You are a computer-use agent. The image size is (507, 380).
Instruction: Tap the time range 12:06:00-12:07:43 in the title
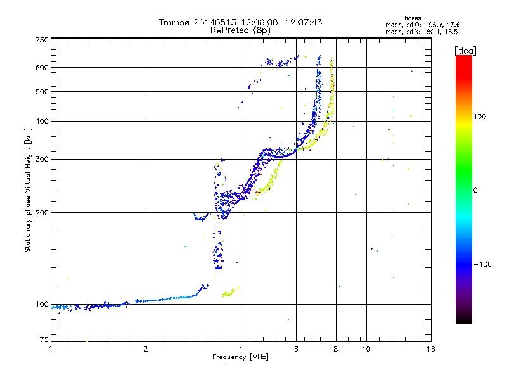[282, 22]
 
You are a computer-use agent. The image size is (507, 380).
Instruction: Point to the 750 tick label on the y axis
[42, 40]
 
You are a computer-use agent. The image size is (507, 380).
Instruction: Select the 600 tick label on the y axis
[42, 68]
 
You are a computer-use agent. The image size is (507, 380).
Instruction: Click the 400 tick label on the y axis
[42, 121]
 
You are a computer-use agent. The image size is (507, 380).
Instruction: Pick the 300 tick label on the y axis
[42, 159]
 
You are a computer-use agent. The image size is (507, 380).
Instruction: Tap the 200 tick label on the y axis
[42, 213]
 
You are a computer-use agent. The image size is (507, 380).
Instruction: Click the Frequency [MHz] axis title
[241, 358]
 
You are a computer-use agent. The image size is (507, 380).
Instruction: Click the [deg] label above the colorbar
[466, 50]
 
